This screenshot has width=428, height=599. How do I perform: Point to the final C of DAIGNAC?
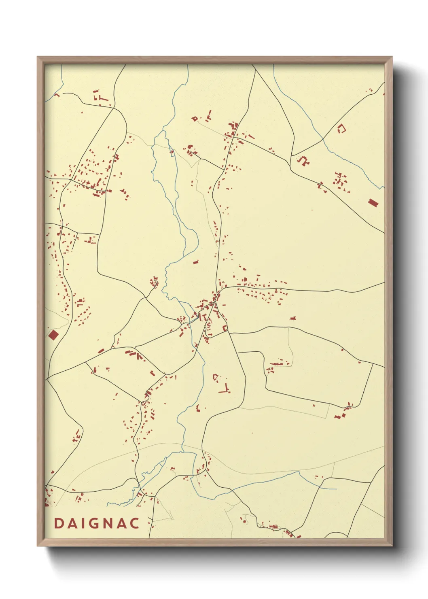[x=134, y=523]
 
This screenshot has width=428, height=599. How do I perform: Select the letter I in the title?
[x=83, y=523]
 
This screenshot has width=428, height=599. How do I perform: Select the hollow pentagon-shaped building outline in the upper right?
[x=342, y=129]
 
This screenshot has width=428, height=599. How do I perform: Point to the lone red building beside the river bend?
[x=196, y=262]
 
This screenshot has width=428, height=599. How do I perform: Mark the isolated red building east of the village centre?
[x=293, y=318]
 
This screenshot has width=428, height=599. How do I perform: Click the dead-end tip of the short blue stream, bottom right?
[x=337, y=489]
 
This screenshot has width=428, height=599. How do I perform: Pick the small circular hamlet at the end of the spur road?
[x=154, y=282]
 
